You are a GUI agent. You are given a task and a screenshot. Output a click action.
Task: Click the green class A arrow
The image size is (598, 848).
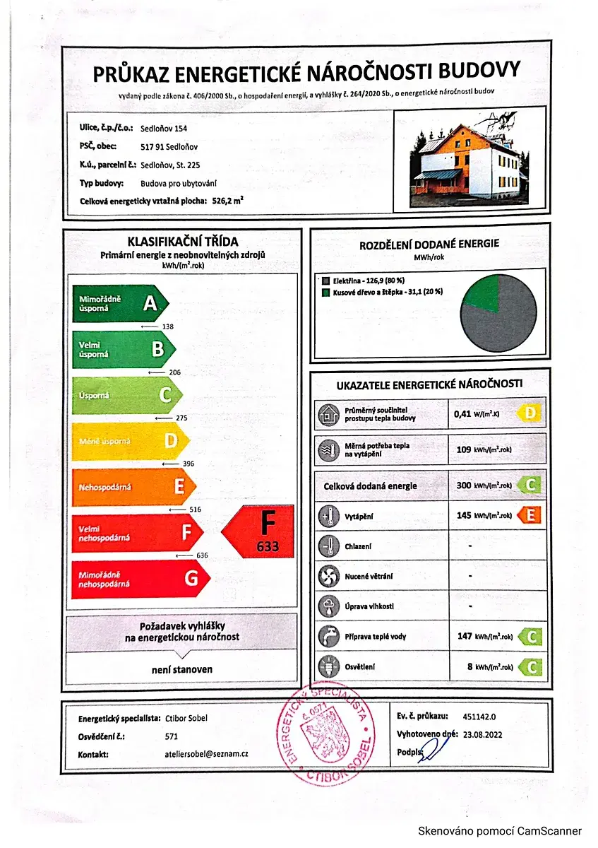pos(120,304)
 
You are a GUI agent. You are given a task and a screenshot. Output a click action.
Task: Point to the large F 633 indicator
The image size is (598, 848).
pos(260,531)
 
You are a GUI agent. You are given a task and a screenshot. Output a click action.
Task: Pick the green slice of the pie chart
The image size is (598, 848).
pos(482,292)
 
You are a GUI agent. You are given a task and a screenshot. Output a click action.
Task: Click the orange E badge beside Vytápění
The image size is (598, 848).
pos(530,515)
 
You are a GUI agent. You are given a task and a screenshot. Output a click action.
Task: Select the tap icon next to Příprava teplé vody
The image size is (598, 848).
pos(326,636)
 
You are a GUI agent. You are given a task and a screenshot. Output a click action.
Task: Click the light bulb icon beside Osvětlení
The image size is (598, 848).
pos(326,666)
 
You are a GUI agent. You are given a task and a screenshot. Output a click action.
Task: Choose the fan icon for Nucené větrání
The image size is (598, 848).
pos(326,576)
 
